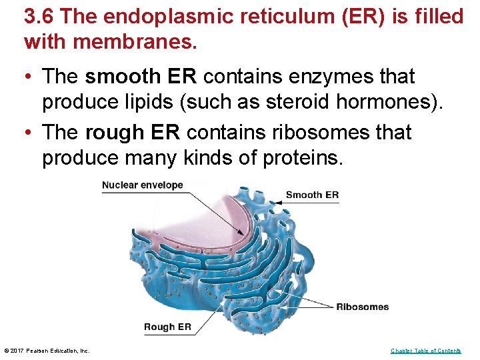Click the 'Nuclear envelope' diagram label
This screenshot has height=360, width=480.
click(x=142, y=185)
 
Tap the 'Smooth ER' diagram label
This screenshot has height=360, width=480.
click(x=312, y=195)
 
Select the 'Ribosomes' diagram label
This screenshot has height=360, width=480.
click(x=362, y=307)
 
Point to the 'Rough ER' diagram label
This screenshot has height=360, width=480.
click(x=167, y=327)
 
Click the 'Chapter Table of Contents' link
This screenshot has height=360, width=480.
click(x=425, y=351)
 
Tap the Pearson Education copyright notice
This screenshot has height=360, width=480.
click(x=47, y=351)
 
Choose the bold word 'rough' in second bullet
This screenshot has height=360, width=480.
click(x=110, y=133)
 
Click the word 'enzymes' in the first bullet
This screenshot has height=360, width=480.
click(x=317, y=77)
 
